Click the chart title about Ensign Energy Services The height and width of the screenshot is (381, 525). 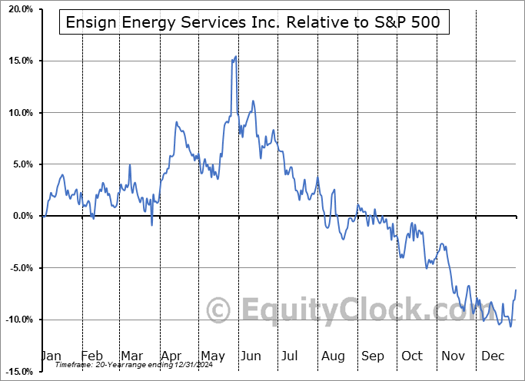254,23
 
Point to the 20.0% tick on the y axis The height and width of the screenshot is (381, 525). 18,8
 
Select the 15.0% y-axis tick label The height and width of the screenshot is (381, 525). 18,61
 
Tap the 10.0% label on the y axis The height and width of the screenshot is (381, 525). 18,113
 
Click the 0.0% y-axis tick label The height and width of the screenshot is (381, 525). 21,216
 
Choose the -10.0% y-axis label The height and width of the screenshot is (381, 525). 17,320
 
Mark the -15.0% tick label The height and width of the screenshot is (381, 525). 17,372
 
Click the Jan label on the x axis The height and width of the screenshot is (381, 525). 51,356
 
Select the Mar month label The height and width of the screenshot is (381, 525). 131,356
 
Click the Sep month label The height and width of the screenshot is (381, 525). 372,356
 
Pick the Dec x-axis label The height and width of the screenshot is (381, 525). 492,356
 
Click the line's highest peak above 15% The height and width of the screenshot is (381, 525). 236,56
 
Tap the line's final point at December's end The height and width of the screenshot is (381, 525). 516,290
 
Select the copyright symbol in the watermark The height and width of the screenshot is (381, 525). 219,310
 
